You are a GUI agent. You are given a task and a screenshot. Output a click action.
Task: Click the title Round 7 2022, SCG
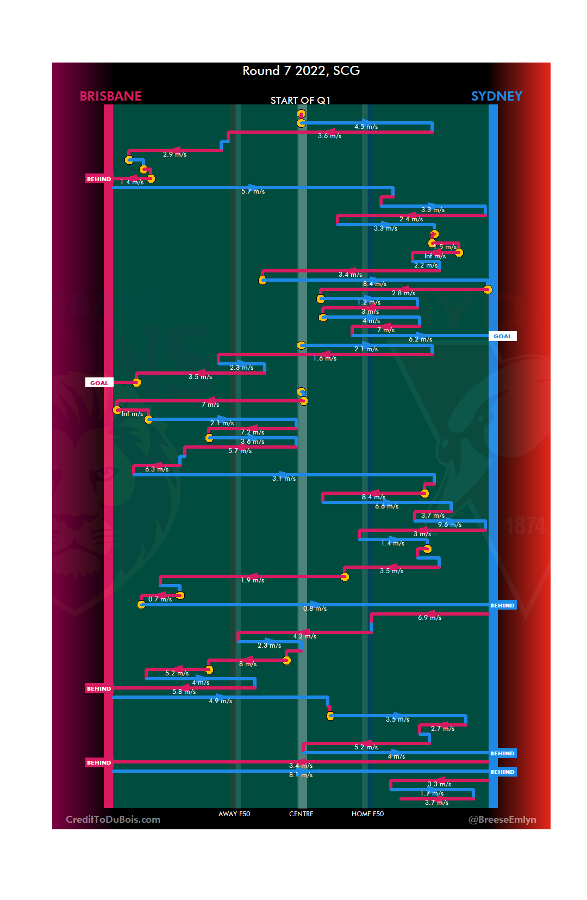tap(301, 71)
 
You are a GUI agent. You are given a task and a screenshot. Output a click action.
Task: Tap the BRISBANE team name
tap(110, 96)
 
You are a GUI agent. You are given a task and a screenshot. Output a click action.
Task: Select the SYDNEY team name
tap(496, 96)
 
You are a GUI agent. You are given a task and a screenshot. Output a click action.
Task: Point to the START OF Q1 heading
tap(301, 101)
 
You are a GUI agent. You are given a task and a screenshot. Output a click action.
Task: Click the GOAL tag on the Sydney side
tap(502, 336)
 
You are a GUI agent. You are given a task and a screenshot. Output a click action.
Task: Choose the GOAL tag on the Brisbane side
tap(99, 383)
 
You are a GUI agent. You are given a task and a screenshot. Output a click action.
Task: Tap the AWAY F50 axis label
tap(234, 814)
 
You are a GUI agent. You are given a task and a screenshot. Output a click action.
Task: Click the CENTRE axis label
tap(301, 814)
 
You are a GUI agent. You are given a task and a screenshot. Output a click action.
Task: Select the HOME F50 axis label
tap(367, 814)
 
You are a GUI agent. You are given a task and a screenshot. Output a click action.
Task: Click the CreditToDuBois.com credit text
tap(113, 820)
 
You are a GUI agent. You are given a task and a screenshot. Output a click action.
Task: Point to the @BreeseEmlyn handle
tap(502, 820)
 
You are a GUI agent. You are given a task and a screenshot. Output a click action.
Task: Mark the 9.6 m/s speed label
tap(449, 525)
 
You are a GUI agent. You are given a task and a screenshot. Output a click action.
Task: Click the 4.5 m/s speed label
tap(366, 127)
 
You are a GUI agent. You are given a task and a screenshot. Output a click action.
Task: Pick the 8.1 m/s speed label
tap(301, 775)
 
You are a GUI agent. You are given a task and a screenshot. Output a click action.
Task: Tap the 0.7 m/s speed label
tap(160, 599)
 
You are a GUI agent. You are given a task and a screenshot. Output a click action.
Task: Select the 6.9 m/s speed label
tap(429, 618)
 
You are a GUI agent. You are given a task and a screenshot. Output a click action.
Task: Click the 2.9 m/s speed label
tap(174, 154)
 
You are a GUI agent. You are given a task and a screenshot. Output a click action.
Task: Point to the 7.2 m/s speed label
tap(252, 432)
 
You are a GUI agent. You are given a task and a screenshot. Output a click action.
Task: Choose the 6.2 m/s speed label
tap(420, 339)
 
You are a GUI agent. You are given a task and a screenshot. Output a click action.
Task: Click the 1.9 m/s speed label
tap(252, 580)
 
